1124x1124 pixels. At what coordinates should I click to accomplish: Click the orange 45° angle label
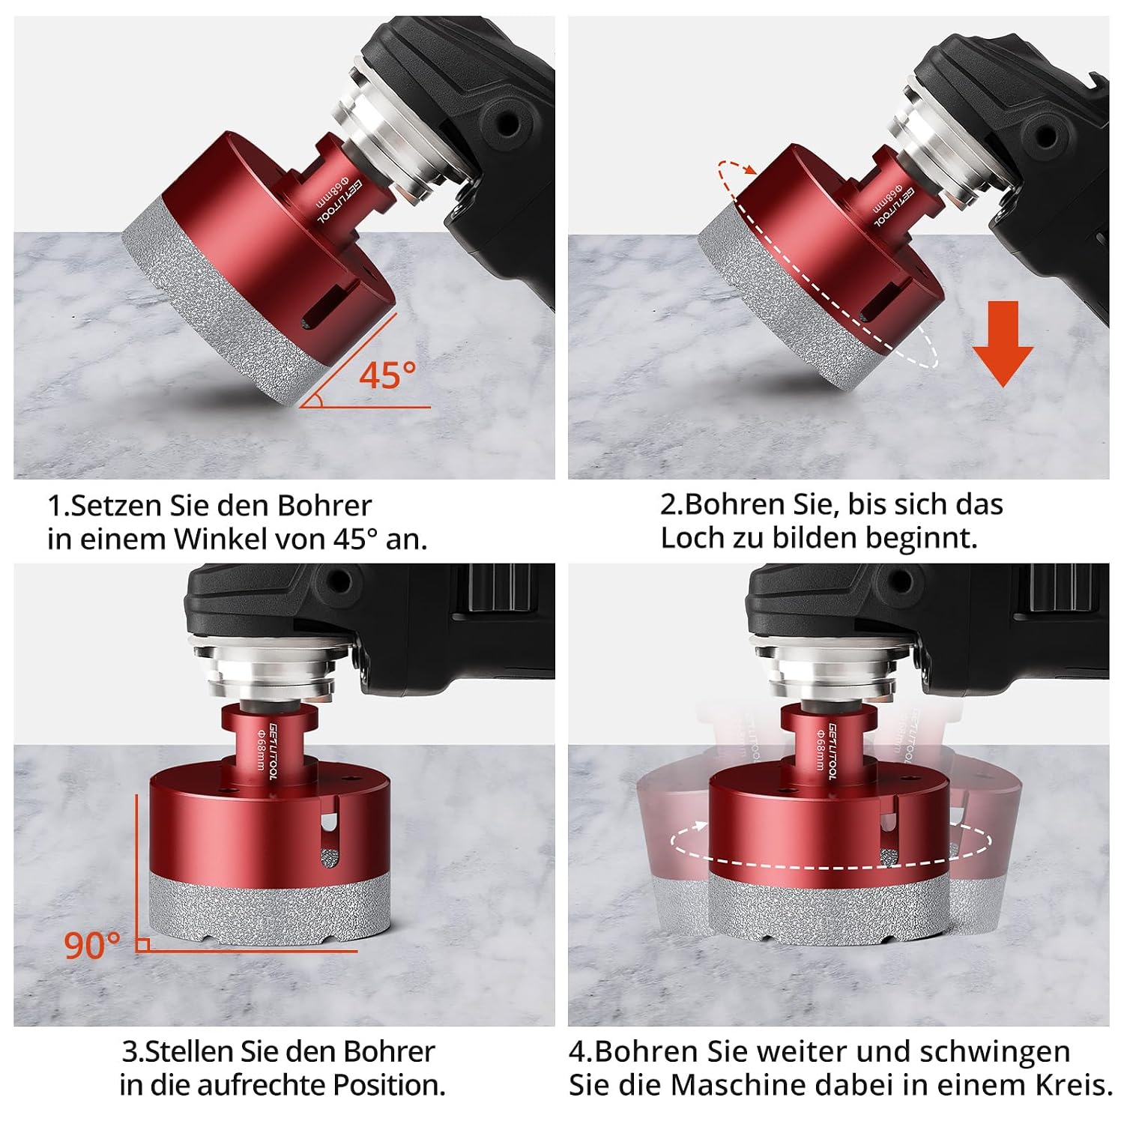click(387, 375)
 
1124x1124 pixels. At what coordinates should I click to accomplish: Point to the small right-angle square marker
click(142, 944)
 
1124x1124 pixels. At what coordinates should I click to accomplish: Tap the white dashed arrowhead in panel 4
click(700, 826)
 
